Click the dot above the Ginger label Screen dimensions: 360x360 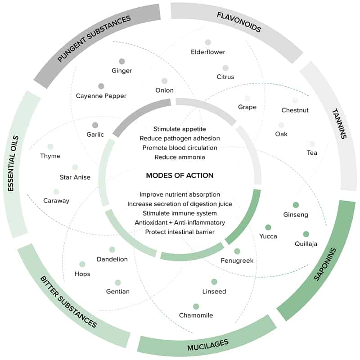point(121,61)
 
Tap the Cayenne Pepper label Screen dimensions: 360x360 point(101,96)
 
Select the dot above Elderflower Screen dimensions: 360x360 point(208,42)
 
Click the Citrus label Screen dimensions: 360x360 point(225,77)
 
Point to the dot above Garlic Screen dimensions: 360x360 point(95,125)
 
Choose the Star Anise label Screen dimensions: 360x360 point(75,177)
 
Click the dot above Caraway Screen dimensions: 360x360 point(56,192)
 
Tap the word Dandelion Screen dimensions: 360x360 point(112,259)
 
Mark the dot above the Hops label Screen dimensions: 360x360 point(82,264)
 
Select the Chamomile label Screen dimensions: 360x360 point(196,315)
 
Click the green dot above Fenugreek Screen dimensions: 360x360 point(237,251)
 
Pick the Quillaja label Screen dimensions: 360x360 point(306,244)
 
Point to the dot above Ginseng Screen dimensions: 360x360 point(296,205)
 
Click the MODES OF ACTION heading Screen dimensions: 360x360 point(180,175)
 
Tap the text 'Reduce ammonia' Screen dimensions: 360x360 point(180,157)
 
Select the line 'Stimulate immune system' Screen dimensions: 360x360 point(180,213)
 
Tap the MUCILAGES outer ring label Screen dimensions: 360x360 point(207,345)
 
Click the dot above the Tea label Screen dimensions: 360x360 point(312,144)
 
